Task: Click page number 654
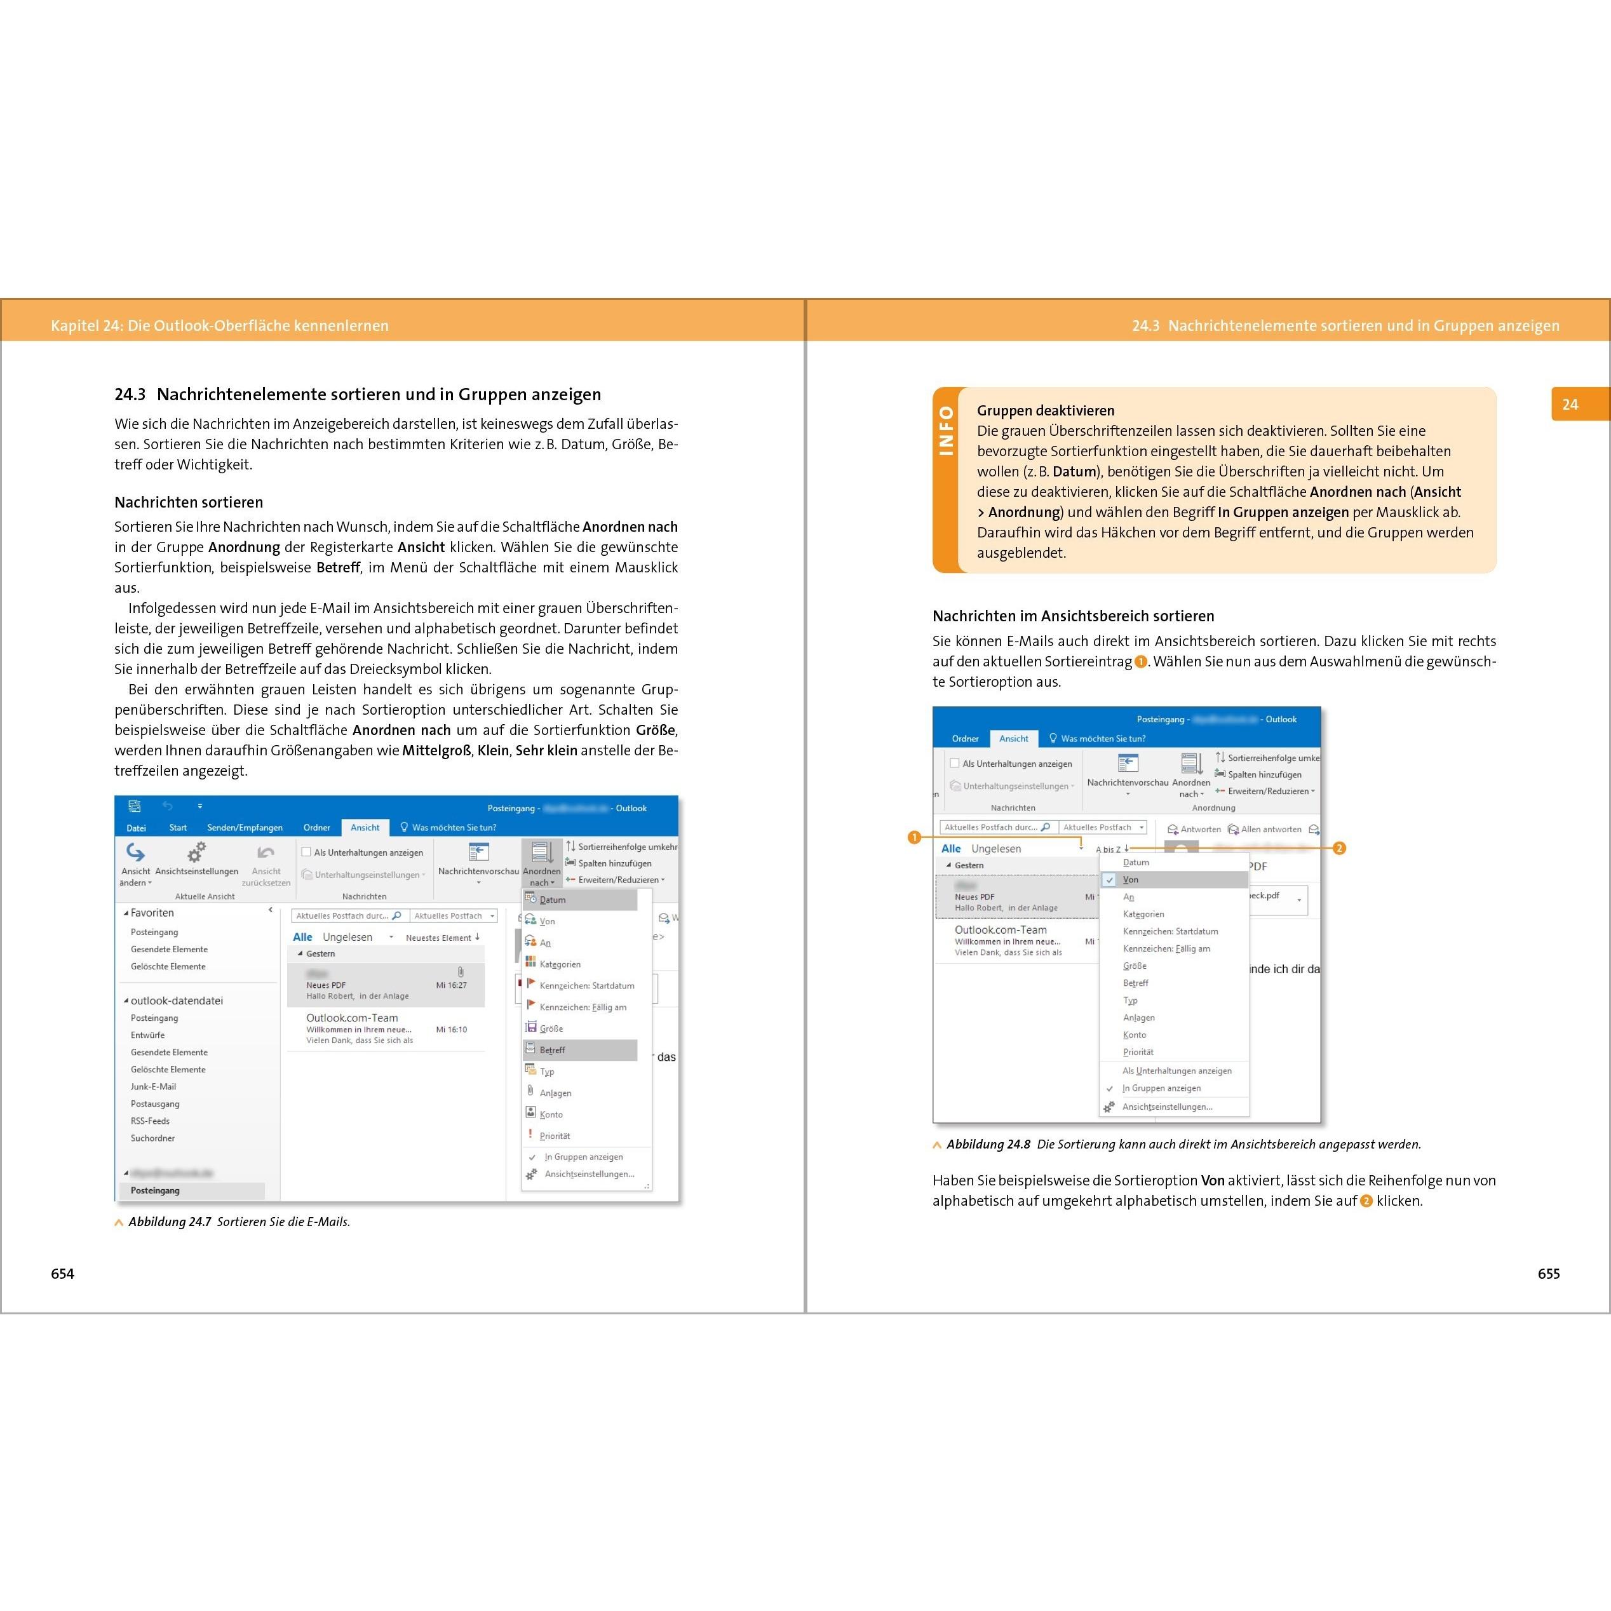(x=62, y=1273)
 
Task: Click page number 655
(x=1549, y=1273)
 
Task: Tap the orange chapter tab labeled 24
(x=1570, y=405)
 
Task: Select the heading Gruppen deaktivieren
(x=1046, y=410)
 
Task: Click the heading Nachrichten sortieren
(x=189, y=502)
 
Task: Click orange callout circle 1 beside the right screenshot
(x=914, y=837)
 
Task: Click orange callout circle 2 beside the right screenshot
(x=1339, y=848)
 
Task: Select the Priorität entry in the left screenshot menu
(x=555, y=1136)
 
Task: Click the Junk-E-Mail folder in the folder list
(x=154, y=1086)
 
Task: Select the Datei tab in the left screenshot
(x=136, y=828)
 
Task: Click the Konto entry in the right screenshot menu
(x=1134, y=1035)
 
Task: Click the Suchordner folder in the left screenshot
(x=152, y=1138)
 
